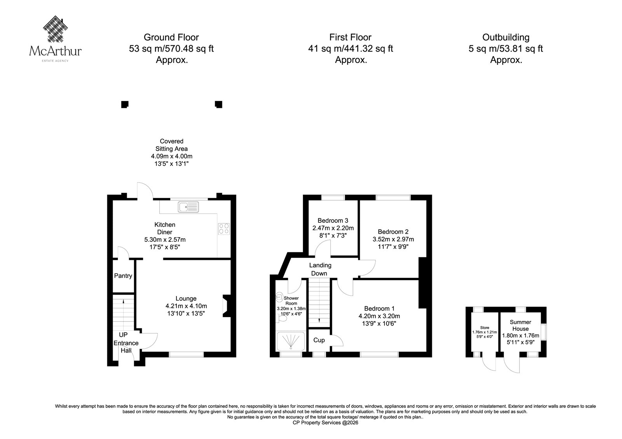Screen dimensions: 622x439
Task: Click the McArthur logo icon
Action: (56, 29)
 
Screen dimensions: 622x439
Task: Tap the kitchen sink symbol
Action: (189, 206)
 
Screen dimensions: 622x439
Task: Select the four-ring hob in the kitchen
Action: (224, 229)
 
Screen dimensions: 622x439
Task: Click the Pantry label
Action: (123, 276)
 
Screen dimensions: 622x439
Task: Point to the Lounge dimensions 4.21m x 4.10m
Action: (186, 306)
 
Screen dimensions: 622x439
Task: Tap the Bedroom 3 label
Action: (333, 220)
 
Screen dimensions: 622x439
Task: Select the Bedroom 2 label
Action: (393, 232)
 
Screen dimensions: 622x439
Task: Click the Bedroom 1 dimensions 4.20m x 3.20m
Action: (379, 316)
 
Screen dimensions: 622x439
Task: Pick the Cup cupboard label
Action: (319, 340)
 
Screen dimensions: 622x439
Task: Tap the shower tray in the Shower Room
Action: (291, 341)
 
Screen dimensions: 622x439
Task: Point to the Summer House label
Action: (521, 325)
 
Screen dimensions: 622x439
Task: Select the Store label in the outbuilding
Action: (484, 328)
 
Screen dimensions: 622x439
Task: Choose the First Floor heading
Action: (350, 37)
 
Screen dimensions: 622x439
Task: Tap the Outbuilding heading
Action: (506, 37)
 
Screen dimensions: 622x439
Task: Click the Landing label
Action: (320, 265)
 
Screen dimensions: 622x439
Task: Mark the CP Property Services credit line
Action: (325, 423)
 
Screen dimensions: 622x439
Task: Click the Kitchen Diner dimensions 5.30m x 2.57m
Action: (165, 239)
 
